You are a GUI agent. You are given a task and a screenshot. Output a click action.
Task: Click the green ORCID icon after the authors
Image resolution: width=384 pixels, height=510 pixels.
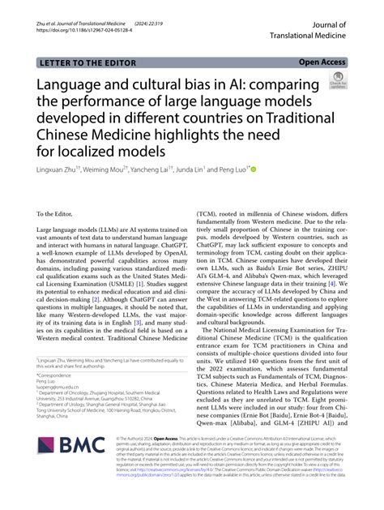(x=253, y=170)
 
